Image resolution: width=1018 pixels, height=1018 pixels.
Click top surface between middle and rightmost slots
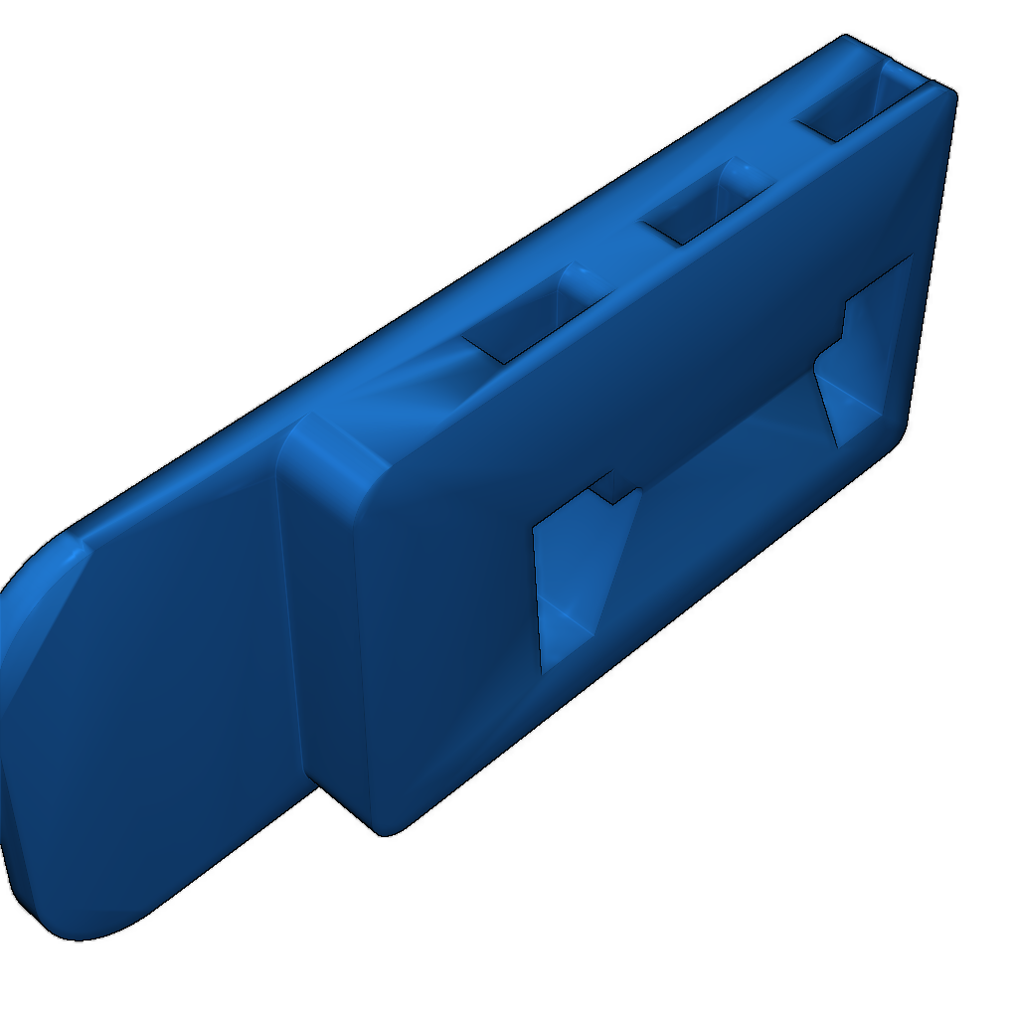coord(765,139)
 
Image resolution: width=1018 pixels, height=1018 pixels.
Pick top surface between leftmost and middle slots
coord(606,249)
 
